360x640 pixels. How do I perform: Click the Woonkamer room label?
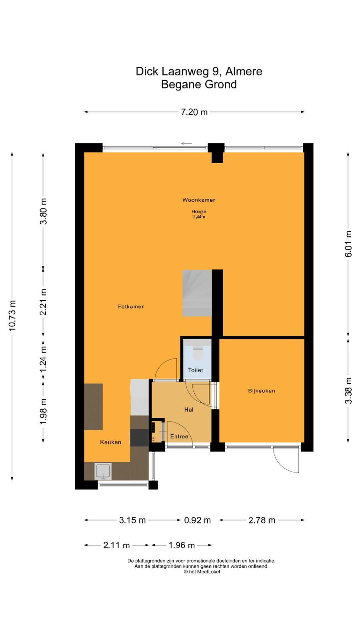coord(198,200)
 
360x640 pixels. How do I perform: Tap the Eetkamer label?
coord(130,306)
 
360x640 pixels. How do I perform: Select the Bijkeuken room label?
coord(262,390)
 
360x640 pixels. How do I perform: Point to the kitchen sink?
coord(103,471)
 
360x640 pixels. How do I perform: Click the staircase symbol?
coord(197,293)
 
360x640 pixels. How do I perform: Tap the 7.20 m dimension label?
coord(194,112)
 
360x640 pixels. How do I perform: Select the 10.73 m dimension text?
coord(12,316)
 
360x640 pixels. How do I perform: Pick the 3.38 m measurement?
coord(348,390)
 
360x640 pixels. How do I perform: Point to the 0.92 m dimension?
coord(197,520)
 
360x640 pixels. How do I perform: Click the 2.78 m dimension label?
coord(262,520)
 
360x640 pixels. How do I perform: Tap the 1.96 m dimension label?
coord(182,545)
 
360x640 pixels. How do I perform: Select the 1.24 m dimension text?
coord(43,359)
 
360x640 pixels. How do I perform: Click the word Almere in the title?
coord(244,72)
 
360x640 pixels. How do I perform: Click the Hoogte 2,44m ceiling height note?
coord(199,214)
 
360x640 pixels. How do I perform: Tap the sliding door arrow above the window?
coord(186,144)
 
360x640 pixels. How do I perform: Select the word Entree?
coord(179,436)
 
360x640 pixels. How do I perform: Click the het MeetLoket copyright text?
coord(202,572)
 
